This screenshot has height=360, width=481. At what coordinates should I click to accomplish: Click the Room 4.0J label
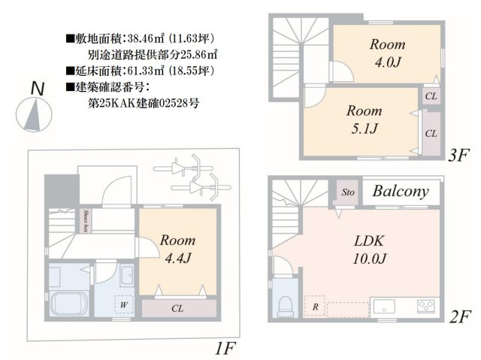point(387,52)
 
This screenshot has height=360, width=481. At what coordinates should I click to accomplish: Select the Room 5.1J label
point(364,119)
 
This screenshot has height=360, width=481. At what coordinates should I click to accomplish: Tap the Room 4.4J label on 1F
point(177,249)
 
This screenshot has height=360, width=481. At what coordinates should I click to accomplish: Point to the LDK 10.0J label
point(371,250)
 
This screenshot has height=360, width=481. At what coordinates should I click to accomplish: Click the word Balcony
point(401,192)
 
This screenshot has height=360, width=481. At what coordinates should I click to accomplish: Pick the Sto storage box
point(348,192)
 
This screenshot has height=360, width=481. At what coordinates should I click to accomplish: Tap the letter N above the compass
point(35,88)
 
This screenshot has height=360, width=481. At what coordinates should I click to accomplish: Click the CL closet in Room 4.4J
point(177,307)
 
